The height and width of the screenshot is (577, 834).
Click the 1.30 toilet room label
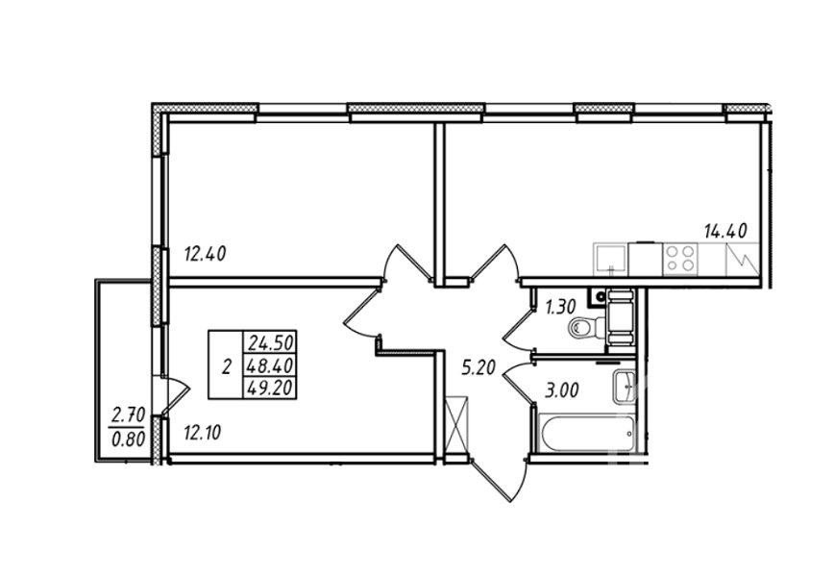(562, 308)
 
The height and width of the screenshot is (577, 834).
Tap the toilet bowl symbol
(583, 330)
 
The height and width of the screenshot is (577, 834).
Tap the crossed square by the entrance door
(459, 424)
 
